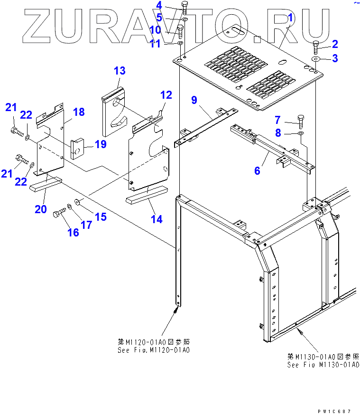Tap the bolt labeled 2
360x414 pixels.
(317, 47)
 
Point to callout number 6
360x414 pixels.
(257, 170)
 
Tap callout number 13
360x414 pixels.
(120, 71)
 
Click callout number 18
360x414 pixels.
(79, 112)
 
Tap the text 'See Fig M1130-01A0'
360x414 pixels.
(323, 365)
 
